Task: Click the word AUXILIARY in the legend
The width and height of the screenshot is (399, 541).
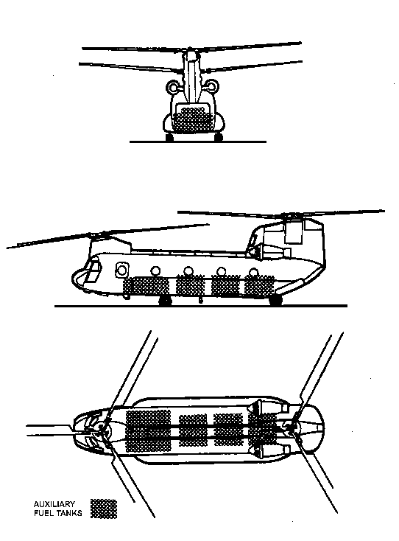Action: tap(54, 504)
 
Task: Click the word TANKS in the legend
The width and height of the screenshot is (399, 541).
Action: tap(69, 513)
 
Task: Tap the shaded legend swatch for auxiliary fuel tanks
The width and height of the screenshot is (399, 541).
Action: tap(104, 509)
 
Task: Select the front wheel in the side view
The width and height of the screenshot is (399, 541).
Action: tap(166, 301)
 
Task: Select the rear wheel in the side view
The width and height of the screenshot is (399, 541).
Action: tap(275, 301)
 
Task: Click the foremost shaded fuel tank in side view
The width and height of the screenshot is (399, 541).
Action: tap(146, 287)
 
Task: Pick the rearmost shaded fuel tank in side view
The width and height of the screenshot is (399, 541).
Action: tap(259, 286)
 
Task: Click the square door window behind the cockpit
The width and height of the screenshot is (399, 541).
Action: tap(121, 270)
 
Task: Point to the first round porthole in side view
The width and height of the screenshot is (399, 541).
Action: tap(156, 270)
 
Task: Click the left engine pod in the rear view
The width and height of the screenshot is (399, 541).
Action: tap(173, 86)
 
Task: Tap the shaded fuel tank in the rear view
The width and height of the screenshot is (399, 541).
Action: tap(189, 119)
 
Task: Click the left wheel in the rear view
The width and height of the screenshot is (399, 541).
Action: tap(169, 138)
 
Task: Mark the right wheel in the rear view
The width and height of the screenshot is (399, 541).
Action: tap(219, 137)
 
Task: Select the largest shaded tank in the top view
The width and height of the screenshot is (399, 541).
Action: tap(149, 431)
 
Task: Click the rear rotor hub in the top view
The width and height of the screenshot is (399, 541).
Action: tap(293, 429)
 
